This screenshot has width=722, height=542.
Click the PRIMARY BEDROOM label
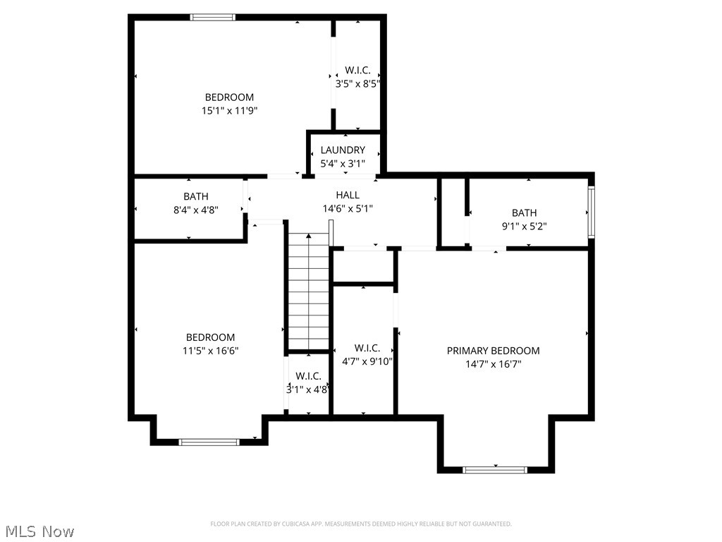pos(493,351)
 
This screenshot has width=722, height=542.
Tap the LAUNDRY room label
pos(343,150)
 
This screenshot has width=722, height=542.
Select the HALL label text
pos(347,195)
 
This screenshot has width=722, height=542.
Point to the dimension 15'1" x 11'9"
pos(229,111)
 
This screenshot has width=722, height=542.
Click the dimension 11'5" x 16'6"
pos(210,351)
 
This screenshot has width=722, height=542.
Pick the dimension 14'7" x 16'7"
pos(493,364)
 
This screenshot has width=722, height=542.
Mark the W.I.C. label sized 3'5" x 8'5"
pos(357,71)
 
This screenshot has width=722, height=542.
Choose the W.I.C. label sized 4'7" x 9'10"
pos(367,348)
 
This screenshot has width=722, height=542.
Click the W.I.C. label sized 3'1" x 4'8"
pos(308,376)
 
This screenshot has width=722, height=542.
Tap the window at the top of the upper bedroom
pos(213,18)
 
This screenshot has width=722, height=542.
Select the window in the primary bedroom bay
pos(495,469)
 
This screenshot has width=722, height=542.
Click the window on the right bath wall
pos(592,212)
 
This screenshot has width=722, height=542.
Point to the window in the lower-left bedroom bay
pos(209,442)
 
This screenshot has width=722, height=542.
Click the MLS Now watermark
pos(38,531)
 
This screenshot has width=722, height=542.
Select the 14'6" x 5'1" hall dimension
pos(347,209)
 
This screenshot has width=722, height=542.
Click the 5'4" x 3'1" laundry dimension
pos(343,164)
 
